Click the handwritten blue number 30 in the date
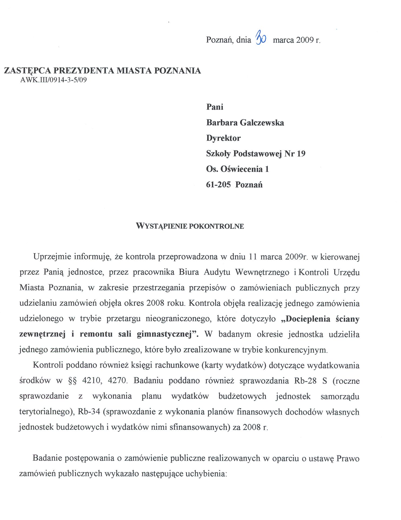261,38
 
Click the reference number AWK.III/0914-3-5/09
54,80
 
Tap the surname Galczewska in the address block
262,123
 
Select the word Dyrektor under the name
223,138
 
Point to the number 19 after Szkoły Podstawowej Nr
301,154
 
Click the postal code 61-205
218,185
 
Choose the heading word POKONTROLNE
216,226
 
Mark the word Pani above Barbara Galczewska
215,107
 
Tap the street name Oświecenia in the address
242,169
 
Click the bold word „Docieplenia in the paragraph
306,319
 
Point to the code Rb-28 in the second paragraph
305,381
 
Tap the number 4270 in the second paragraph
117,381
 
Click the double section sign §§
73,381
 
